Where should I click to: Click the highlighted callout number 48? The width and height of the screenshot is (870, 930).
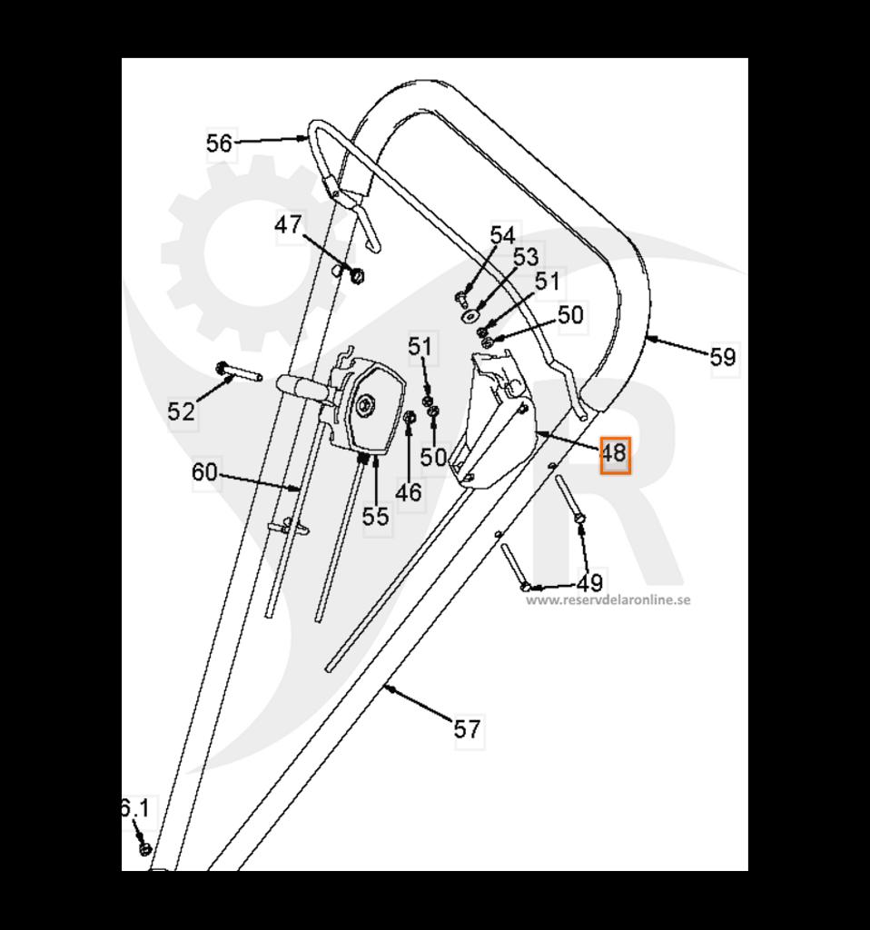615,455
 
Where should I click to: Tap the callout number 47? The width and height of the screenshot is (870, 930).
288,225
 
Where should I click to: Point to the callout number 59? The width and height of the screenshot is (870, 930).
723,357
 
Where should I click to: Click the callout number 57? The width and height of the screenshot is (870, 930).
467,728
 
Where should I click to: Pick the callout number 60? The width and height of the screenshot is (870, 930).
204,472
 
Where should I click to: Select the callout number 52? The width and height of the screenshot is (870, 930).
181,411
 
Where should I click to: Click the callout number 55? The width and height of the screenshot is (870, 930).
375,516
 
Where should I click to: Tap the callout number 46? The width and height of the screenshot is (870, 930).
409,491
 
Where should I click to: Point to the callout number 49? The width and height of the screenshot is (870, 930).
590,584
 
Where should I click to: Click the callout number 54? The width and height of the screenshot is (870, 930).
502,235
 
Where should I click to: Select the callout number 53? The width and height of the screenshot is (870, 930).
526,257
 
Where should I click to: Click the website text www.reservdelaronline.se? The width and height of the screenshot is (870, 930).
608,599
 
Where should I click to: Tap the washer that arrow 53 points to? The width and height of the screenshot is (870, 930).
471,315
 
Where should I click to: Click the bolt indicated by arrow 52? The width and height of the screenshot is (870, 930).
239,372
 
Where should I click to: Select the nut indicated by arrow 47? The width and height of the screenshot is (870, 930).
357,276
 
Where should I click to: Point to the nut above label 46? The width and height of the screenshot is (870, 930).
409,418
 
